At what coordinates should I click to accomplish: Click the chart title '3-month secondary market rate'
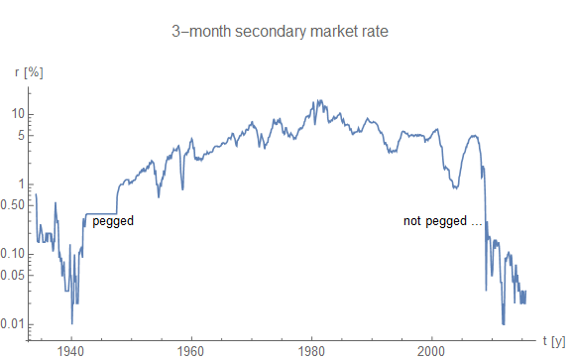285,31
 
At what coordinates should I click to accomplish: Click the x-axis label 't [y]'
552,340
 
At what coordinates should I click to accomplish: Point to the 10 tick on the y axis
16,113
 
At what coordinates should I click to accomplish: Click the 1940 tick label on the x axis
71,350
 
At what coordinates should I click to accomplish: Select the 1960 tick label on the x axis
191,350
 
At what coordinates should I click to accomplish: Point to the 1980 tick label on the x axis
312,350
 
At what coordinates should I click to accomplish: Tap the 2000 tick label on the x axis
432,350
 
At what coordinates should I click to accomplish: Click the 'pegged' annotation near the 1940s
112,221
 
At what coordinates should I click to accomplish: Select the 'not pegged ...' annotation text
442,221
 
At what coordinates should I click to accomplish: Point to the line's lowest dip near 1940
71,323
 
